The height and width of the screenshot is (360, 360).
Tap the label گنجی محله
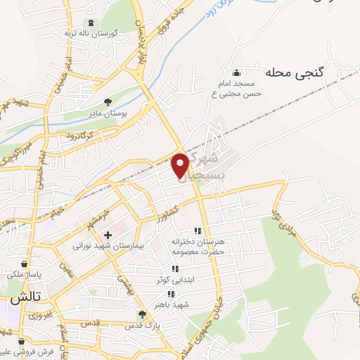click(293, 72)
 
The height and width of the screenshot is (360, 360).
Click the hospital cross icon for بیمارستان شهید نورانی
click(108, 235)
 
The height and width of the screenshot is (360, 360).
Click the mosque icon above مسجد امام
click(236, 71)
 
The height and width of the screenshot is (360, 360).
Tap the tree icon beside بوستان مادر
click(108, 102)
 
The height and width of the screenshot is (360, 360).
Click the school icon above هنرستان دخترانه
click(198, 230)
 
